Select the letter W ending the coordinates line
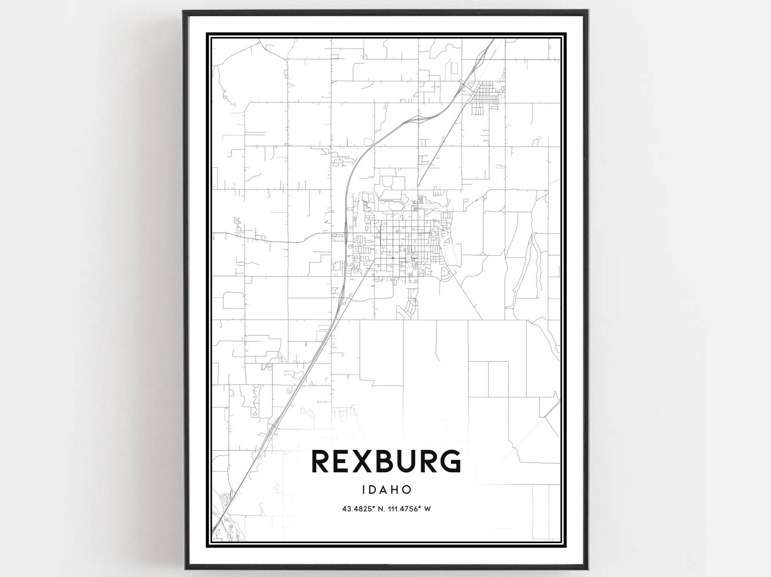pyautogui.click(x=428, y=510)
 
